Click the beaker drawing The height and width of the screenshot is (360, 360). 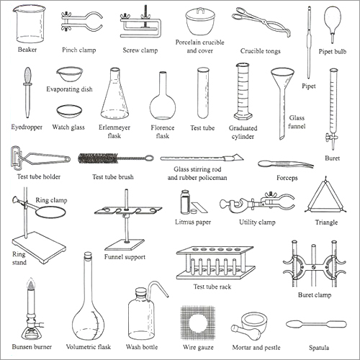30,23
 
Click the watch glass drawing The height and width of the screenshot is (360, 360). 68,111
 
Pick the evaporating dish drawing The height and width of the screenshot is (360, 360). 68,74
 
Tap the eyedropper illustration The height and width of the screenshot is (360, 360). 28,86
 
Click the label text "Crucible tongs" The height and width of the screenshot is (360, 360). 261,52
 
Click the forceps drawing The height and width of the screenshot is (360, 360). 285,163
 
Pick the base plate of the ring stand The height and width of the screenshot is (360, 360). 40,248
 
